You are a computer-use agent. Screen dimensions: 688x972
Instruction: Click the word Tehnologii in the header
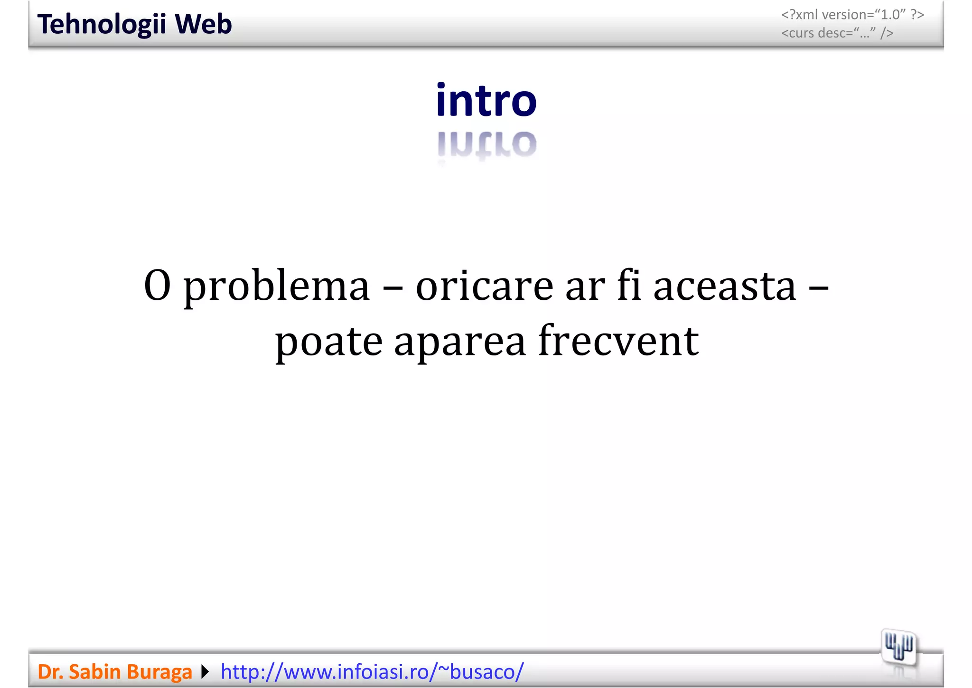102,25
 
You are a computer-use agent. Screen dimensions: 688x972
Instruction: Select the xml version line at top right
852,15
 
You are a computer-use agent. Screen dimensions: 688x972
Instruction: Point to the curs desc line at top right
837,33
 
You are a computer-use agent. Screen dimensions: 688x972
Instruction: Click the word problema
276,287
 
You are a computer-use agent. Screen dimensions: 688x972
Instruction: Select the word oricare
485,286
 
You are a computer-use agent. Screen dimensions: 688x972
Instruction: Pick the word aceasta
725,286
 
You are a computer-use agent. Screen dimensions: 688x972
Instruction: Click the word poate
329,342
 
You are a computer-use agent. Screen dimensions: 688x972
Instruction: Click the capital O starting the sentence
157,286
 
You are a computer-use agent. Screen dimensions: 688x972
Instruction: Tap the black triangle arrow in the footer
205,672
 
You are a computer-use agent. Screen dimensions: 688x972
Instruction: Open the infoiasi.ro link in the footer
372,672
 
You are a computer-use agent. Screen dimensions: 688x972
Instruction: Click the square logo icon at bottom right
899,647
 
